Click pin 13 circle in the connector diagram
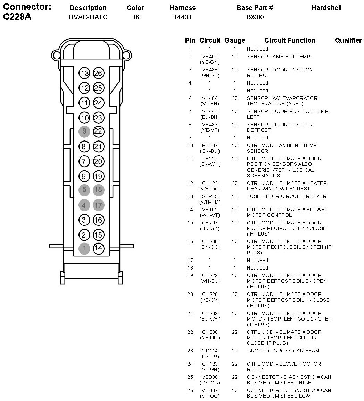pyautogui.click(x=84, y=73)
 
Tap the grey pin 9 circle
pyautogui.click(x=84, y=131)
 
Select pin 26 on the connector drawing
pyautogui.click(x=99, y=73)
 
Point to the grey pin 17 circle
pyautogui.click(x=99, y=205)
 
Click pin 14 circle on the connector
pyautogui.click(x=99, y=248)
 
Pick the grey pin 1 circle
pyautogui.click(x=84, y=248)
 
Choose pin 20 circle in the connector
pyautogui.click(x=99, y=161)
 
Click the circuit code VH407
pyautogui.click(x=210, y=57)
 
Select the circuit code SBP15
pyautogui.click(x=210, y=196)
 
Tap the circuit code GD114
pyautogui.click(x=210, y=351)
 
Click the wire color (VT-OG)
pyautogui.click(x=210, y=396)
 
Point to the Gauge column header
pyautogui.click(x=235, y=41)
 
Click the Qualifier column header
pyautogui.click(x=348, y=41)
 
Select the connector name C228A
pyautogui.click(x=17, y=17)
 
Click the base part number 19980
pyautogui.click(x=255, y=17)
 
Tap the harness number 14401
pyautogui.click(x=182, y=17)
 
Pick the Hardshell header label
pyautogui.click(x=326, y=8)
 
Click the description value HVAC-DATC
pyautogui.click(x=88, y=17)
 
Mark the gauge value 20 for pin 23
pyautogui.click(x=235, y=351)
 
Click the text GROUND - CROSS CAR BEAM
pyautogui.click(x=283, y=351)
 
